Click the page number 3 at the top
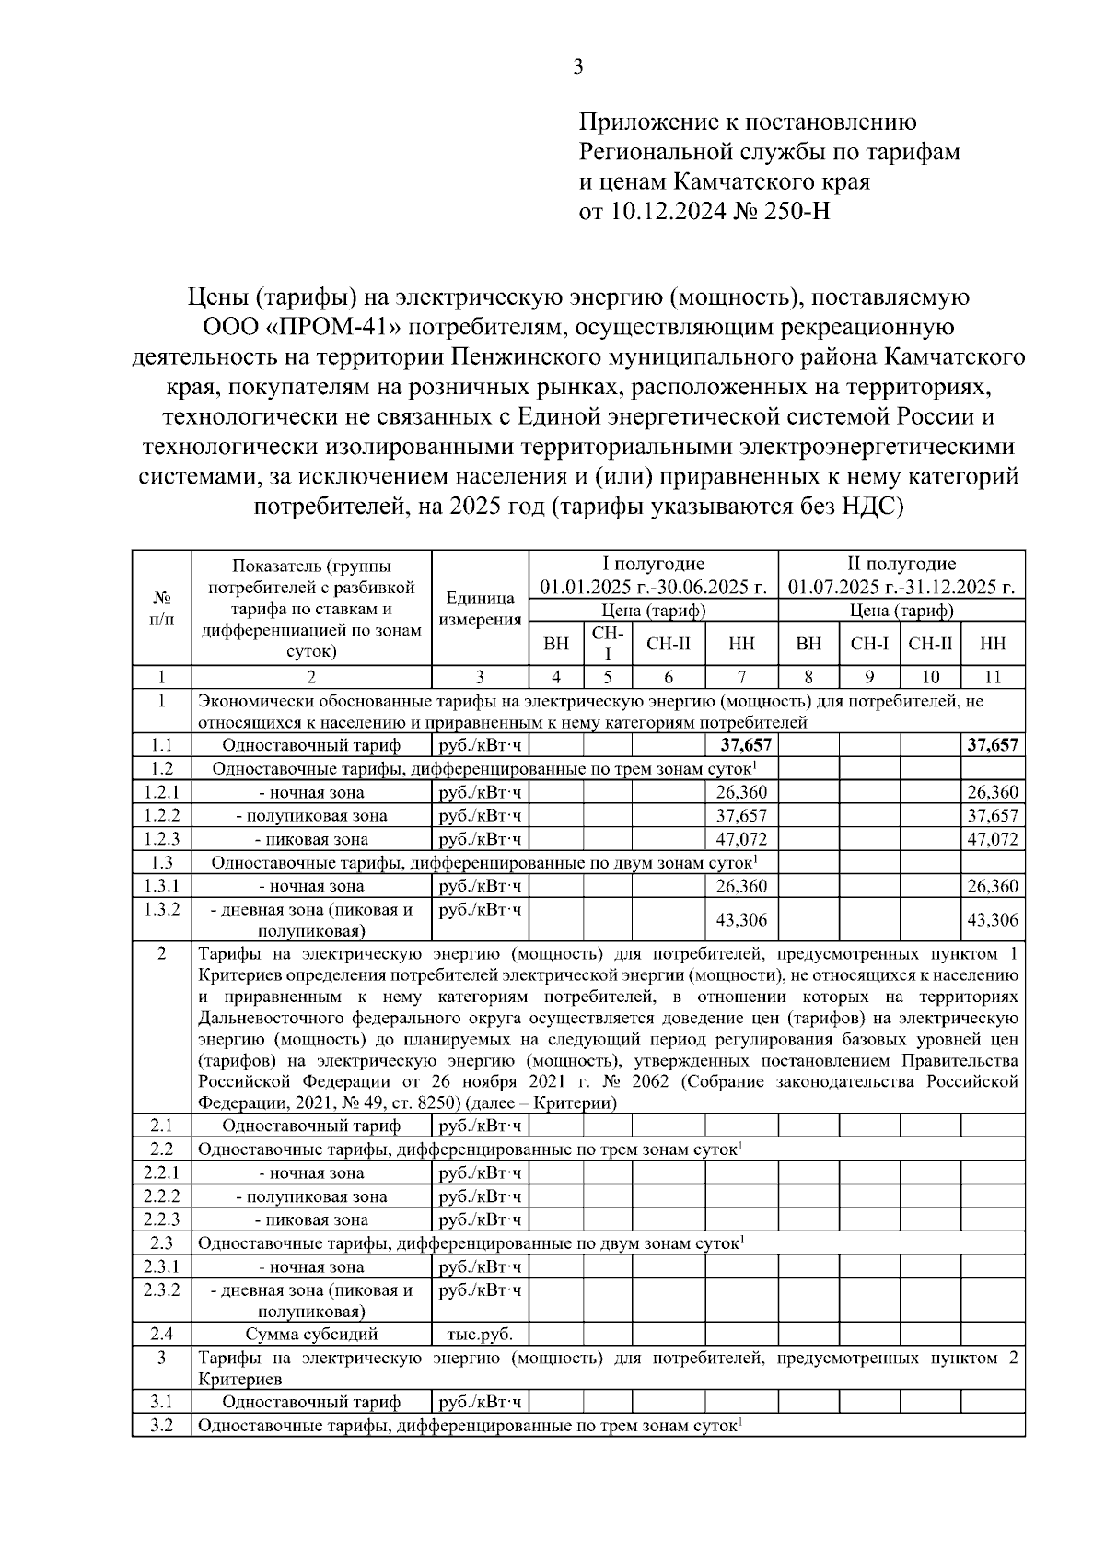click(578, 66)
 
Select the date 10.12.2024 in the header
click(667, 212)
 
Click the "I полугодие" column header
click(653, 564)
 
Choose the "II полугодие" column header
click(901, 564)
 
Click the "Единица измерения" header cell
click(480, 609)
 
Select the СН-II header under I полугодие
click(669, 644)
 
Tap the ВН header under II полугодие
click(808, 644)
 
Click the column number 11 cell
click(993, 677)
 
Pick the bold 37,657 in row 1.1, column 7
click(741, 745)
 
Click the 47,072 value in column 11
click(993, 839)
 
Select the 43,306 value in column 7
click(741, 919)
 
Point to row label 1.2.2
click(161, 815)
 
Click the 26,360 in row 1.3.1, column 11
click(993, 886)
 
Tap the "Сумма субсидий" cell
click(311, 1334)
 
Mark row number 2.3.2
click(161, 1289)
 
